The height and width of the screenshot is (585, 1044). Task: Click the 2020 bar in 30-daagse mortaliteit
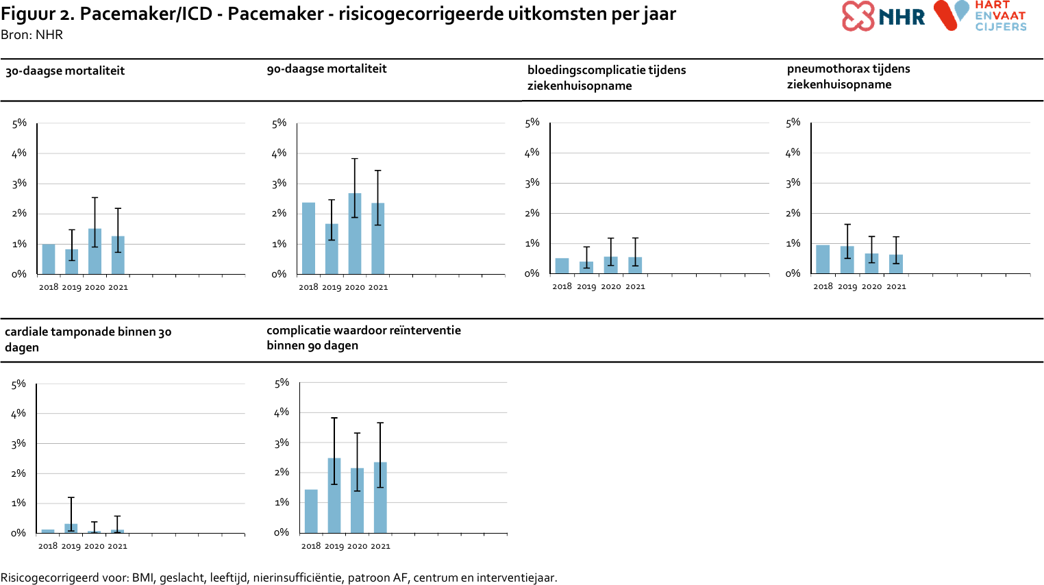95,251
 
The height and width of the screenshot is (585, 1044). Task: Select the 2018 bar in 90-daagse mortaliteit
308,238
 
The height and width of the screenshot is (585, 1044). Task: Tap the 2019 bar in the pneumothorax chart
847,260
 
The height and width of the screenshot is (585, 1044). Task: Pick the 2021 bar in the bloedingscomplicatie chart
635,265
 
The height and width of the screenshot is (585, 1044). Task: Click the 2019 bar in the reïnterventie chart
334,495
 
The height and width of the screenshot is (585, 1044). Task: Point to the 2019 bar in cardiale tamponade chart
71,528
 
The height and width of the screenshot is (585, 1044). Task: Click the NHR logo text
902,18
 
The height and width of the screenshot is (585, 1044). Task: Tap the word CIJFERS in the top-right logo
1001,27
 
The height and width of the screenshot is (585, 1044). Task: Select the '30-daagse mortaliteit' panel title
65,71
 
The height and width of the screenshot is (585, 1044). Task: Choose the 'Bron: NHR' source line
32,35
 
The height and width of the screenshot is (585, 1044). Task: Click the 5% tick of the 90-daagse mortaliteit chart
279,123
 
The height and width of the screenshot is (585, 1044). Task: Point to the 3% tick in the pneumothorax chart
793,183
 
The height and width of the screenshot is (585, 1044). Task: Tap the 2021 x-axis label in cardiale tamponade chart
117,546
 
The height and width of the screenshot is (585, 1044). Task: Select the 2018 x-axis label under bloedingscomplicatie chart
562,286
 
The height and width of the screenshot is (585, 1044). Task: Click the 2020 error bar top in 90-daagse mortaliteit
355,159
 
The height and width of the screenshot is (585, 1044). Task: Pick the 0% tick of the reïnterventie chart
282,533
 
